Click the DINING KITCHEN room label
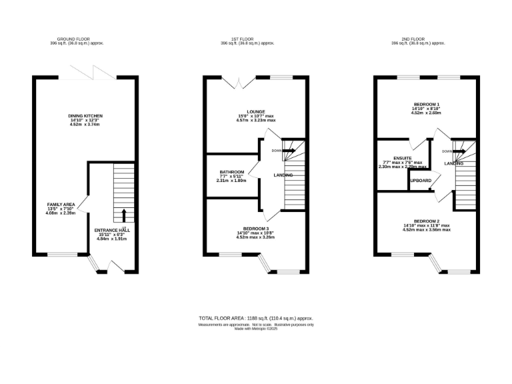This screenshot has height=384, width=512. (85, 115)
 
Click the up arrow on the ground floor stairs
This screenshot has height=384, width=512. (123, 215)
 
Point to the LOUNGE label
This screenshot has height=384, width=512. (256, 111)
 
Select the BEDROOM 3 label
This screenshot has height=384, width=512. (256, 227)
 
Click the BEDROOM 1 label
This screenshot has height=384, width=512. (427, 104)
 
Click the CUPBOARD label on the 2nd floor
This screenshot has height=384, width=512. (420, 181)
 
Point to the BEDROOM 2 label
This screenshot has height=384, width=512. (427, 221)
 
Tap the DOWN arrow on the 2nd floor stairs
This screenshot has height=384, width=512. (459, 151)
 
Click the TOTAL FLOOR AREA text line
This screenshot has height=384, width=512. (256, 318)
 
